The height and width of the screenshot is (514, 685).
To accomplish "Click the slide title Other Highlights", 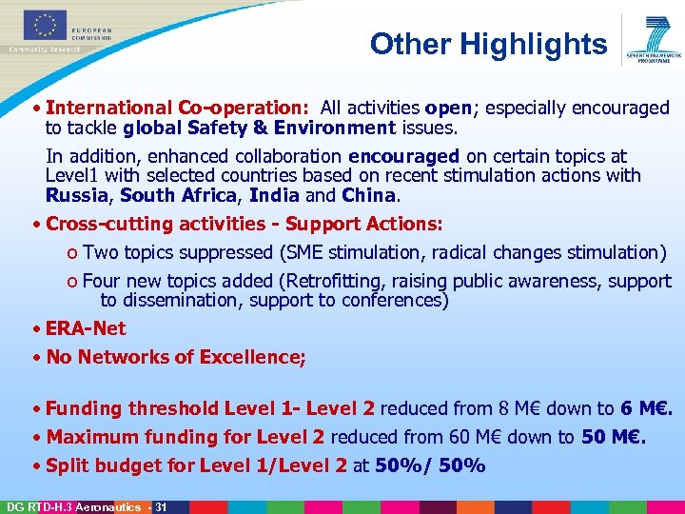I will [x=488, y=44].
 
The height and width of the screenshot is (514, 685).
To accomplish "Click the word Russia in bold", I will [x=77, y=196].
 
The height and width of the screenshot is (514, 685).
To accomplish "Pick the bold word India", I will [x=273, y=196].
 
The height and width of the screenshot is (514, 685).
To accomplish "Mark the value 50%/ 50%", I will [x=430, y=465].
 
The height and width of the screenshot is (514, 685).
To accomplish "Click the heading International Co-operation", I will [x=178, y=109].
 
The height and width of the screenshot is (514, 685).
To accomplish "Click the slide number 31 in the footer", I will [x=161, y=506].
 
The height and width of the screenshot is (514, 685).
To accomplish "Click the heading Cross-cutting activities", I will [x=151, y=225].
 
